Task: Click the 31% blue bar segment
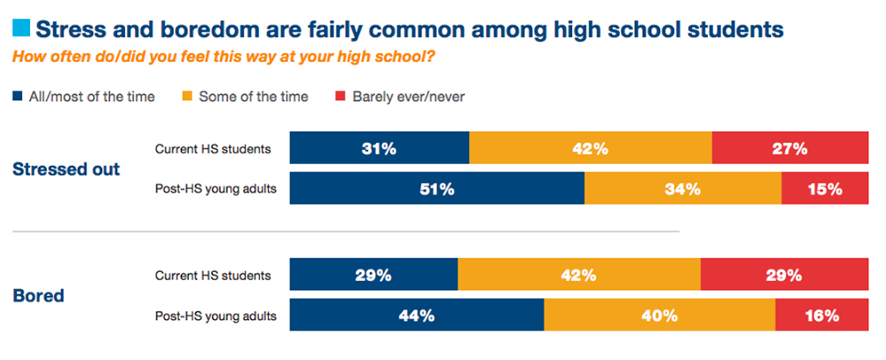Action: click(x=380, y=149)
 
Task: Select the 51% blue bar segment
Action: click(x=437, y=189)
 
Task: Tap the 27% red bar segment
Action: click(x=789, y=149)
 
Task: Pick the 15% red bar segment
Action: click(x=824, y=189)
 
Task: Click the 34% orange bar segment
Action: click(x=683, y=189)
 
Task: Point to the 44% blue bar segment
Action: click(x=417, y=316)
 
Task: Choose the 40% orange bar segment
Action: click(x=659, y=316)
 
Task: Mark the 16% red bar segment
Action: click(x=821, y=316)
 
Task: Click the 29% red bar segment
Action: click(x=784, y=275)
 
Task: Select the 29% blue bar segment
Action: click(x=373, y=275)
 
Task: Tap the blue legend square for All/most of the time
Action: click(x=18, y=97)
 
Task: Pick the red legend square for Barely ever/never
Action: click(x=339, y=97)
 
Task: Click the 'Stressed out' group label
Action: click(x=66, y=169)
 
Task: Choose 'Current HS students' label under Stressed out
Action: click(x=212, y=149)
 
